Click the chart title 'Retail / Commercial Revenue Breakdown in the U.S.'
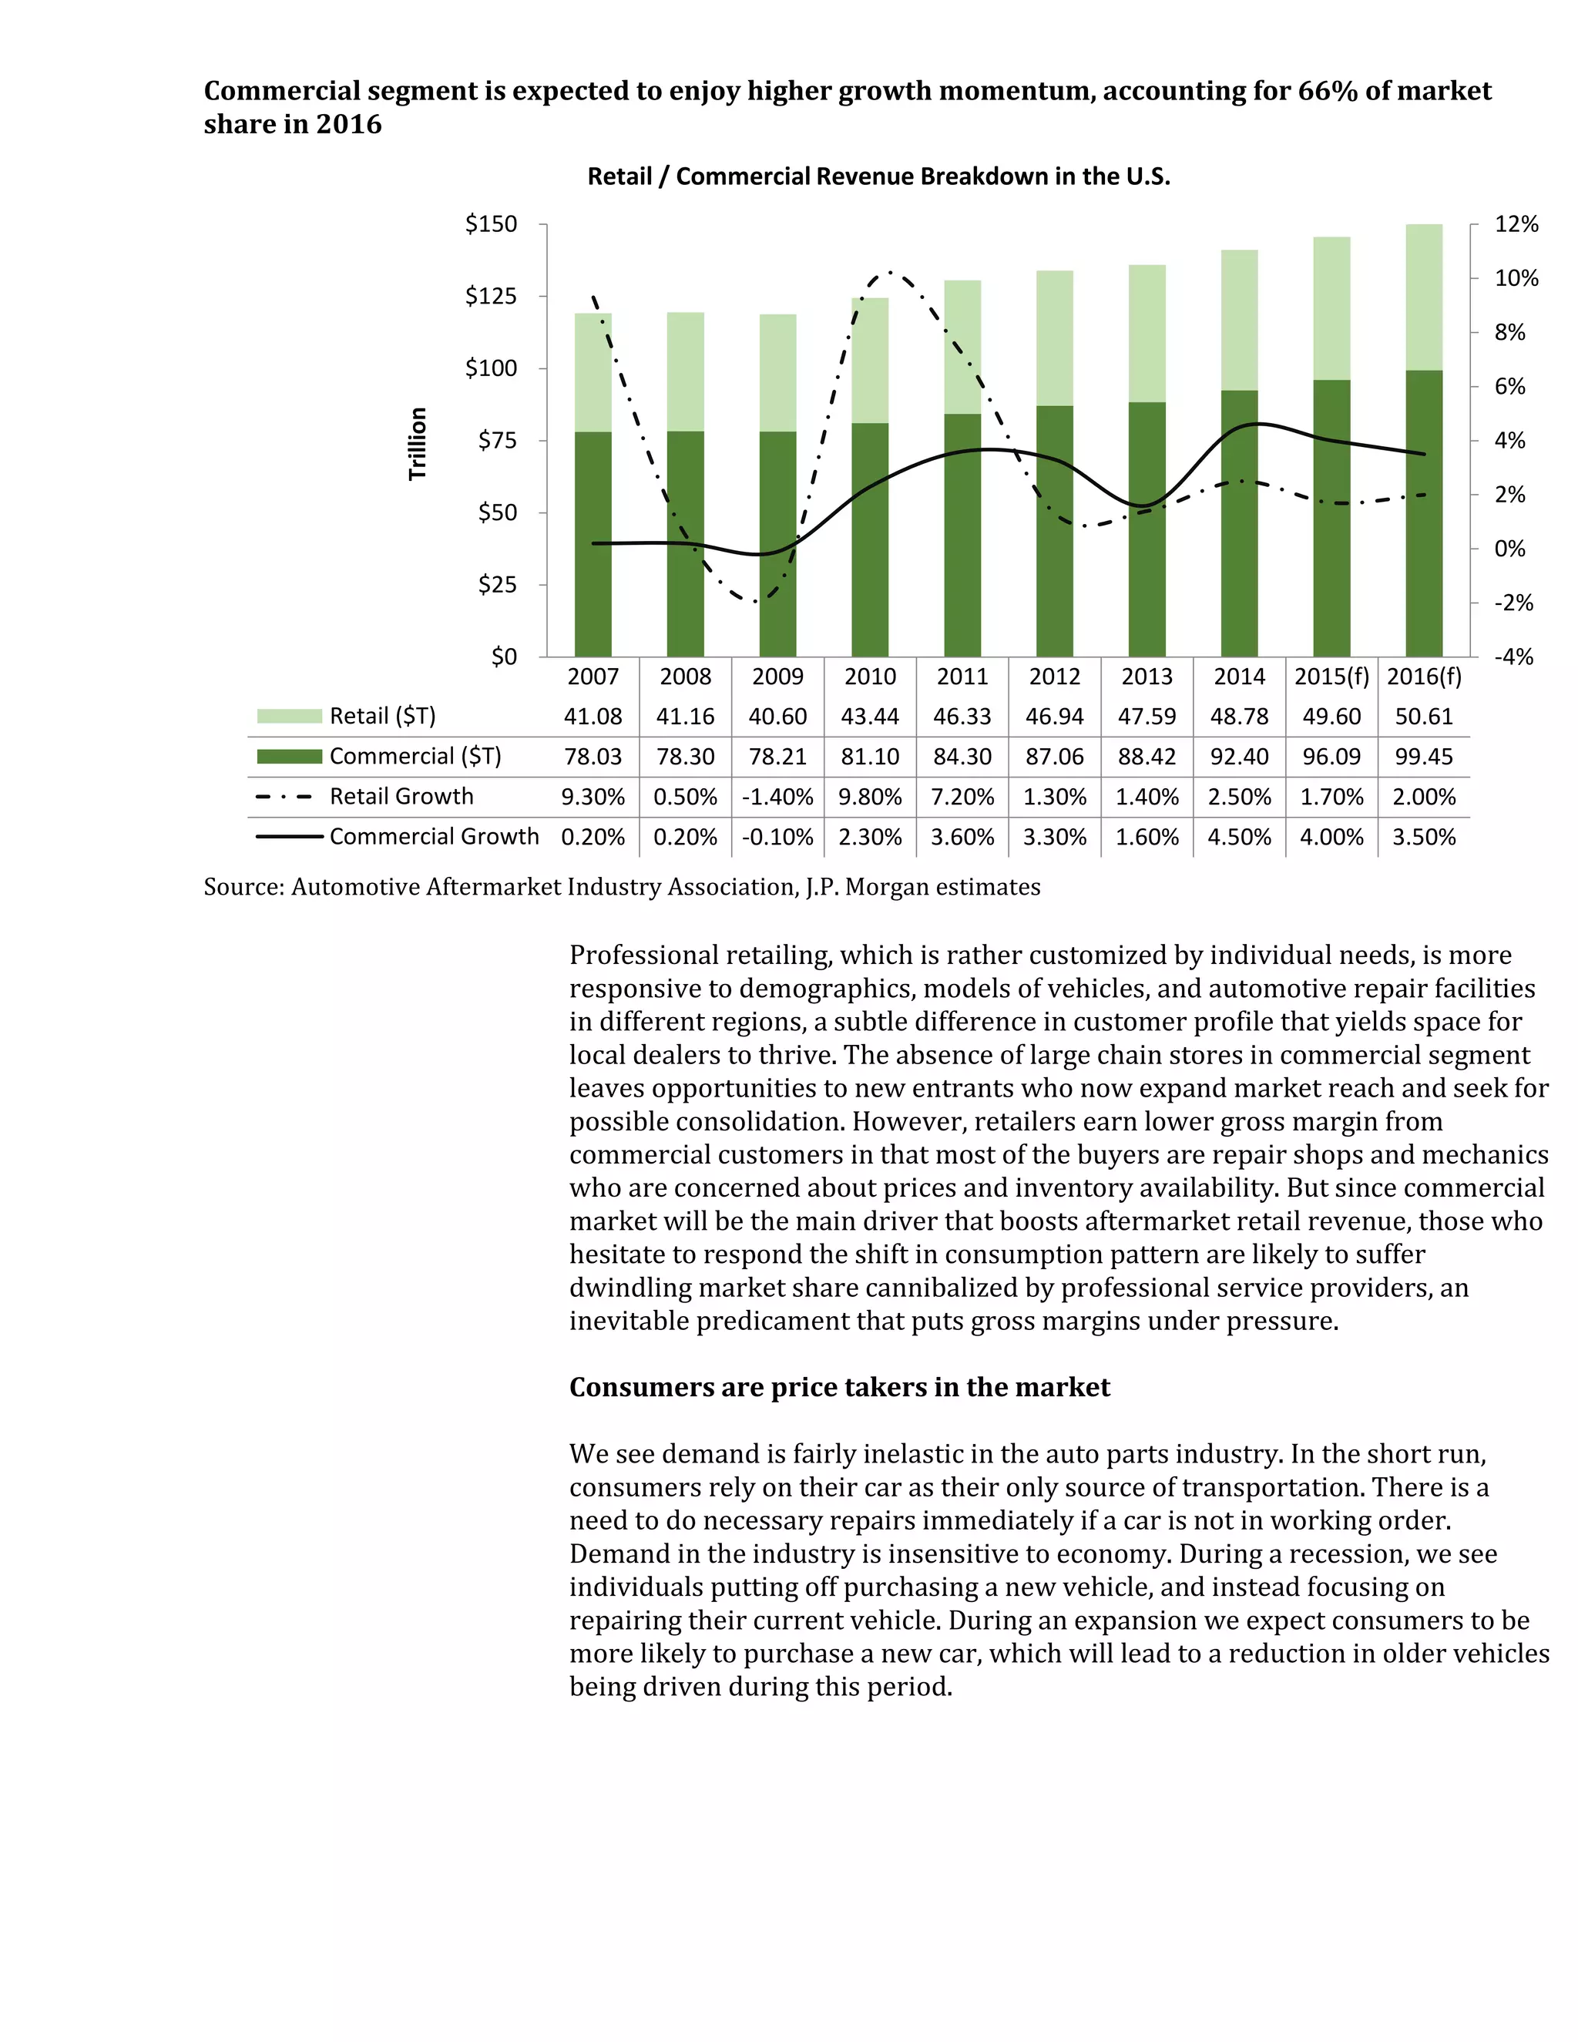(878, 176)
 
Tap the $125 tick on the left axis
(491, 297)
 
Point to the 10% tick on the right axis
(1516, 279)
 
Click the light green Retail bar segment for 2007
(593, 372)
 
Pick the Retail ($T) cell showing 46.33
(962, 717)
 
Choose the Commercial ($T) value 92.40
(1239, 757)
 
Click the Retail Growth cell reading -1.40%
(777, 798)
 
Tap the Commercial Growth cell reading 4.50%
(1239, 837)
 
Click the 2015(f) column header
(1331, 677)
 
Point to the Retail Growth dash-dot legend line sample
(284, 798)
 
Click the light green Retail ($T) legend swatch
(289, 716)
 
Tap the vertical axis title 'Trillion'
(417, 443)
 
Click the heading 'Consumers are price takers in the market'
(838, 1388)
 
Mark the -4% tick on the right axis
(1513, 657)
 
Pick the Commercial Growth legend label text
(434, 837)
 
